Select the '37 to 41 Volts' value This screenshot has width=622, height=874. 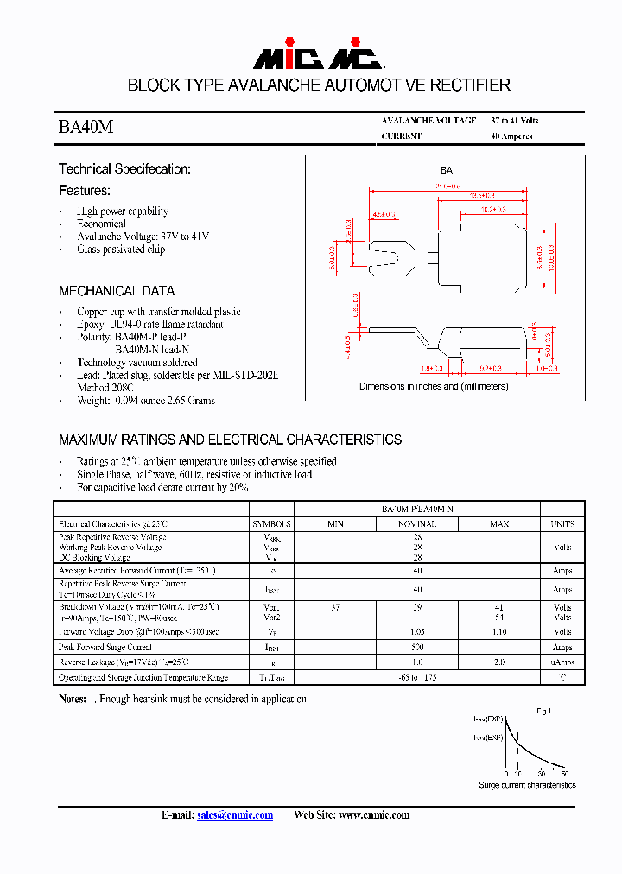click(x=514, y=121)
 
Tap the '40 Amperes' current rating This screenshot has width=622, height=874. click(x=511, y=136)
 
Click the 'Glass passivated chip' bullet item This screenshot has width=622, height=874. click(x=121, y=250)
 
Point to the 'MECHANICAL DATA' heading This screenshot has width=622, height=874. click(x=117, y=291)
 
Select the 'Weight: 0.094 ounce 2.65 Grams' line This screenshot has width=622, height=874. click(x=146, y=401)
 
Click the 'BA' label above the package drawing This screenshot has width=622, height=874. click(x=447, y=171)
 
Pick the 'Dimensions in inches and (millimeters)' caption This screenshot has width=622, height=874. click(x=446, y=386)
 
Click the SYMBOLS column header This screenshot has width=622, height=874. click(x=272, y=524)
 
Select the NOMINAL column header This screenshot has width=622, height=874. click(x=417, y=524)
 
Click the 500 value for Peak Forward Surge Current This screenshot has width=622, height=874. click(x=417, y=647)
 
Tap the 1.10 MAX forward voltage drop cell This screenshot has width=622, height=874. click(x=499, y=632)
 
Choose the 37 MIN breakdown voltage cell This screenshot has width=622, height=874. click(x=335, y=608)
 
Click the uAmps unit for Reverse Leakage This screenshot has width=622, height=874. click(x=562, y=662)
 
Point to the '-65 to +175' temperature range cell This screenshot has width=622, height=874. click(x=417, y=678)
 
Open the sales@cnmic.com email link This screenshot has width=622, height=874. click(x=235, y=814)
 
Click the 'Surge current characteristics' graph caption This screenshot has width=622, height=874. click(x=527, y=785)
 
